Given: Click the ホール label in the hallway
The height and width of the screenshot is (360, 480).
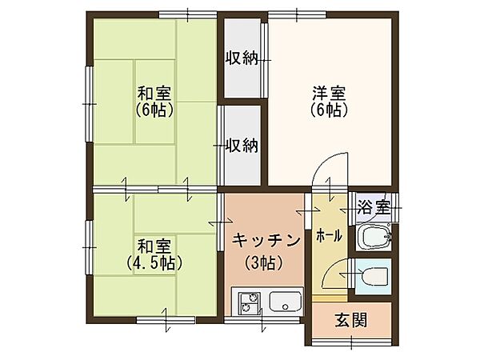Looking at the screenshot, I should [x=330, y=236].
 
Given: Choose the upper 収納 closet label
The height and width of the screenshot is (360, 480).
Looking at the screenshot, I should [x=241, y=58].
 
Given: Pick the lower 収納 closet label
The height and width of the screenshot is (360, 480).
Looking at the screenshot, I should [x=241, y=145].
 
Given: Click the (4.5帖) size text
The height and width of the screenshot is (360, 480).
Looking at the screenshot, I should [x=154, y=262].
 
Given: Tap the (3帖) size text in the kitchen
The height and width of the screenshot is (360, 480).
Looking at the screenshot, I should [x=266, y=261].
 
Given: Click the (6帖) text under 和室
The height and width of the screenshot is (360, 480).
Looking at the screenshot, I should [x=152, y=110].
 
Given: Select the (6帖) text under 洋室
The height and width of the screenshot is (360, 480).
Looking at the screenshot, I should [x=329, y=111].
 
